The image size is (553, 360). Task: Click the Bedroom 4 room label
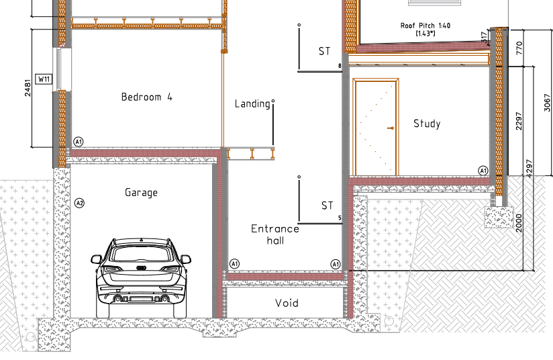point(147,97)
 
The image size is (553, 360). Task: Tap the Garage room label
point(141,193)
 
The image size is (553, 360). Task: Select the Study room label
point(427,124)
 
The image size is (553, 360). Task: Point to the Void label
point(287,303)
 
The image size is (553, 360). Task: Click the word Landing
point(252,103)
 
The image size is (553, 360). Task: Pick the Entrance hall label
point(275,234)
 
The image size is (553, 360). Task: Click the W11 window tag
point(44,79)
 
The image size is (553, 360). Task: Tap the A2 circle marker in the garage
point(80,204)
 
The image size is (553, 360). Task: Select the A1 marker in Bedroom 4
point(79,142)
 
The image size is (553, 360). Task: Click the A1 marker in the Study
point(483,171)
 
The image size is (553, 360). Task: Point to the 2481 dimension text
point(28,88)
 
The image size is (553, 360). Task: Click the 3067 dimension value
point(547,103)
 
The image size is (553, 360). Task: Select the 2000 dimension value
point(519,223)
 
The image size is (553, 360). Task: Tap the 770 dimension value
point(519,48)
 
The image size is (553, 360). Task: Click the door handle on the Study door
point(391,128)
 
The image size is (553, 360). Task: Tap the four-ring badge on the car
point(141,268)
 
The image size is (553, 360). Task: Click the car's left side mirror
point(95,259)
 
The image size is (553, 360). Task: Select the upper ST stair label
point(324,52)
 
